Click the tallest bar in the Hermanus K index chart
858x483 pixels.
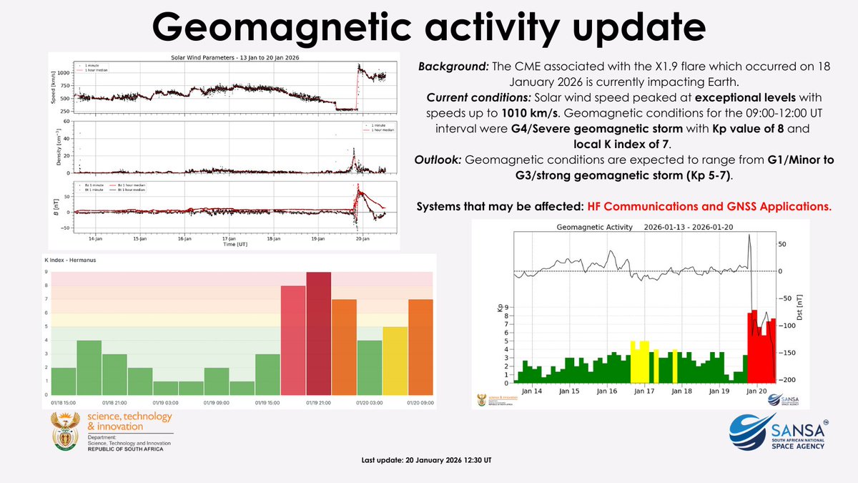tap(319, 333)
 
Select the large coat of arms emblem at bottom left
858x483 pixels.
tap(65, 432)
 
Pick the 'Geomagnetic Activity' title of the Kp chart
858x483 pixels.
tap(594, 227)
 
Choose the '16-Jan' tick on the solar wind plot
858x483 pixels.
tap(185, 238)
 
